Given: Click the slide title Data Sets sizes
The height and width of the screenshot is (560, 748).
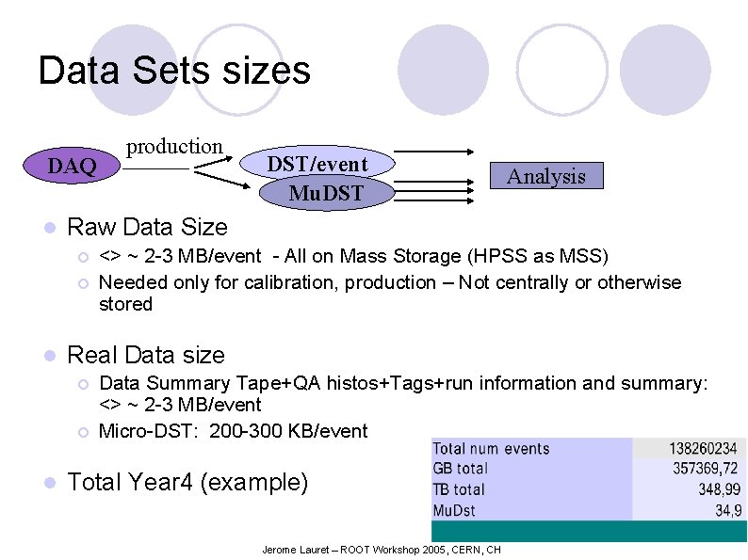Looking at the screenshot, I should (174, 71).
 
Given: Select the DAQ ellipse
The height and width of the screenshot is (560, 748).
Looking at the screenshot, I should (73, 167).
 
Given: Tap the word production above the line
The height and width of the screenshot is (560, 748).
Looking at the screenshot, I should (174, 146).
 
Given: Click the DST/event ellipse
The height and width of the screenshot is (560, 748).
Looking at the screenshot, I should (317, 163).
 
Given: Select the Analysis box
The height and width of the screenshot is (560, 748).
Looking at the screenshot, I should (546, 176).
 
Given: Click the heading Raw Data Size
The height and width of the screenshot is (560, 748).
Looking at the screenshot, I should (148, 227).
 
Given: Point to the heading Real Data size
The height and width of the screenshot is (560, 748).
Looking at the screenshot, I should (146, 355).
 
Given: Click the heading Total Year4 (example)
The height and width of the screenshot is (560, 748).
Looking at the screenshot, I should (187, 482).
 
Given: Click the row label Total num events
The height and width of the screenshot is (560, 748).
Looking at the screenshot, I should (490, 449).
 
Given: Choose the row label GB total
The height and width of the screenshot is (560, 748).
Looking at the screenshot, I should (460, 469).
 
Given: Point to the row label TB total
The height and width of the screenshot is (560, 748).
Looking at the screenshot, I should (459, 489).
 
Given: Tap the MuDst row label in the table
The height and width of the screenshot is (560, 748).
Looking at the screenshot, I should (454, 510).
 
